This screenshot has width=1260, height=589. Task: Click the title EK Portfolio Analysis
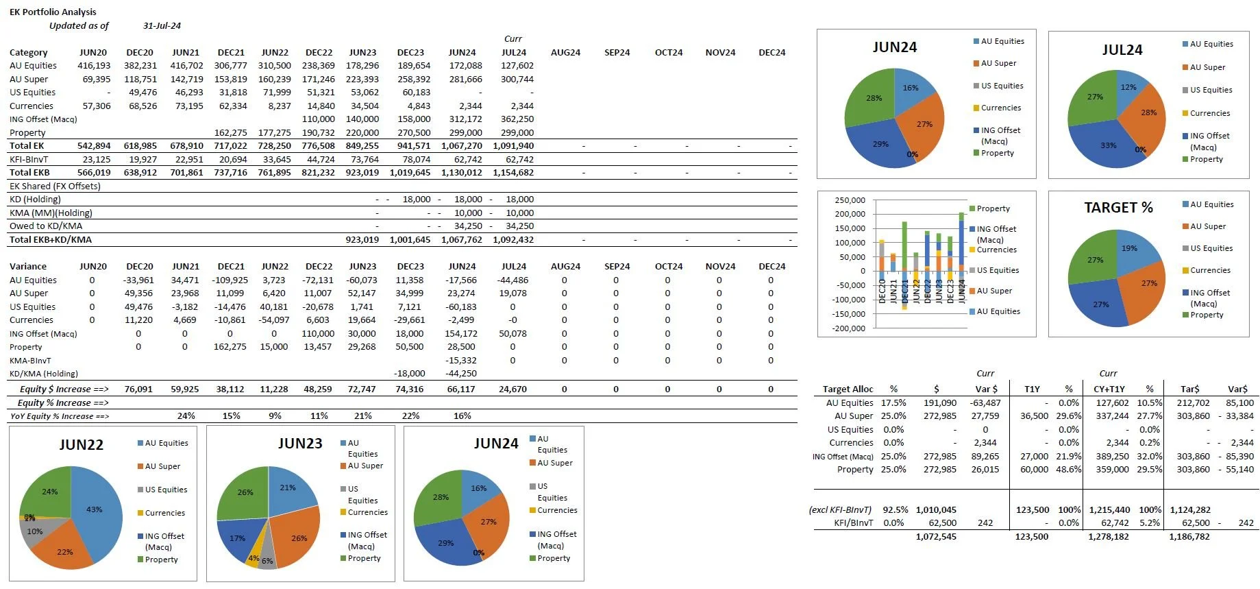[x=53, y=12]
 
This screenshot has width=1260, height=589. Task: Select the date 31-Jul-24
[x=162, y=25]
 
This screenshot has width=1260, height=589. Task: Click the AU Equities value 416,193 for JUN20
[x=94, y=66]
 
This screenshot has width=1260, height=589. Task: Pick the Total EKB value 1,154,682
[x=513, y=173]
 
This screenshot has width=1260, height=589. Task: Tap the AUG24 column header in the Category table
[x=565, y=52]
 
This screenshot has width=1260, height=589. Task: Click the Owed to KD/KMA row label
[x=46, y=226]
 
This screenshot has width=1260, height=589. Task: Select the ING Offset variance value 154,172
[x=461, y=334]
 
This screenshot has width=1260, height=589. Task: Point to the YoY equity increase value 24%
[x=186, y=416]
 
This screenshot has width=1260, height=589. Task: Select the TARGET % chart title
[x=1118, y=207]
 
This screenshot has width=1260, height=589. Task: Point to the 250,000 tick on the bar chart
[x=850, y=200]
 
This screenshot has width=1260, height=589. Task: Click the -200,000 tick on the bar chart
[x=848, y=328]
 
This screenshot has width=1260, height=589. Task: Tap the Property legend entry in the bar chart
[x=993, y=208]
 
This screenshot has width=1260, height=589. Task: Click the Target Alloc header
[x=848, y=389]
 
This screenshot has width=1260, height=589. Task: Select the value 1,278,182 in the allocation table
[x=1108, y=537]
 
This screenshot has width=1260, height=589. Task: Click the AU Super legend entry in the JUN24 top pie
[x=998, y=63]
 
